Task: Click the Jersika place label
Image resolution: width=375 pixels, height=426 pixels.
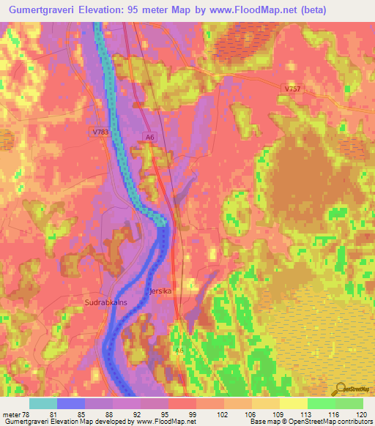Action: point(160,291)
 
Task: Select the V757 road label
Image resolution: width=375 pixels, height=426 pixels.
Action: point(292,89)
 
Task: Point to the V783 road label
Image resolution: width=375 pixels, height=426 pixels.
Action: point(100,132)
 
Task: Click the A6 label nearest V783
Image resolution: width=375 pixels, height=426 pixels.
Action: point(149,137)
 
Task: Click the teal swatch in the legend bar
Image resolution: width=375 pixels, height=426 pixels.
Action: point(43,403)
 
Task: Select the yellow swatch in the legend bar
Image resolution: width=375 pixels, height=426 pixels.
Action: point(294,403)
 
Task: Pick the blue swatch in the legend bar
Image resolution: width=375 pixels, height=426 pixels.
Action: point(71,403)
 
